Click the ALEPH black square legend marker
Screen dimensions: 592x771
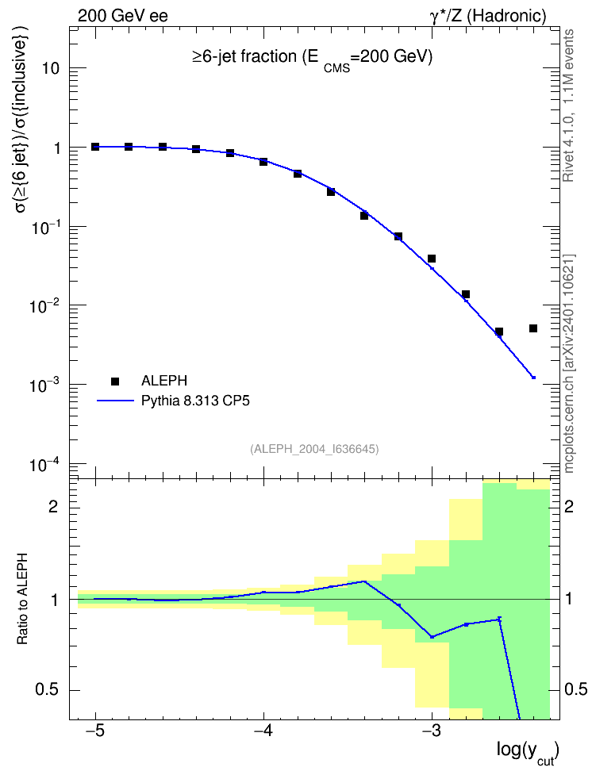click(x=115, y=381)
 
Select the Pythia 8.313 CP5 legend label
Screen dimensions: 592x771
click(x=195, y=401)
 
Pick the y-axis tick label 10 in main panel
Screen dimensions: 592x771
click(x=51, y=68)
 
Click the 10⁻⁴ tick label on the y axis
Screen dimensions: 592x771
click(x=44, y=464)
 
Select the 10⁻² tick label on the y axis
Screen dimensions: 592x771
click(x=44, y=305)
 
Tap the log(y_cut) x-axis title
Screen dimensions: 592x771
click(x=528, y=752)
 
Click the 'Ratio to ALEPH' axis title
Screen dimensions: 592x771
click(x=22, y=599)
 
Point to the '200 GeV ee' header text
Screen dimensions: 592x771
click(x=122, y=16)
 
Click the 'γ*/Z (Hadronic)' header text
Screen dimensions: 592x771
click(x=488, y=16)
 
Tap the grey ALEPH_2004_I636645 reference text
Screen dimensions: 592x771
click(x=314, y=449)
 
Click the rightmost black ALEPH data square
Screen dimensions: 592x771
click(x=533, y=328)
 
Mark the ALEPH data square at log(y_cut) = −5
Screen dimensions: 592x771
click(x=95, y=147)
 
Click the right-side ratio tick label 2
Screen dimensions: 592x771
click(x=568, y=506)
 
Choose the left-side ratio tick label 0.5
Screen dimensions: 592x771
click(x=48, y=690)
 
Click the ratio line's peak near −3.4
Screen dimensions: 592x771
click(x=364, y=581)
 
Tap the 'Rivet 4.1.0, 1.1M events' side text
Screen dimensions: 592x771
click(x=568, y=105)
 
